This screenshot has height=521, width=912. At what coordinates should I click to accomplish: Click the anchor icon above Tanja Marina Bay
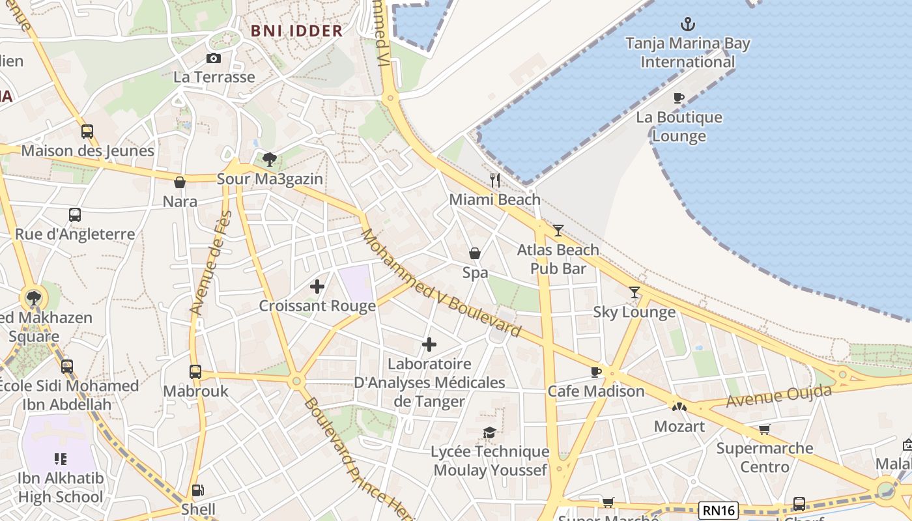pos(688,25)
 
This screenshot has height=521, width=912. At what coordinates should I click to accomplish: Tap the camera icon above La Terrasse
pos(213,59)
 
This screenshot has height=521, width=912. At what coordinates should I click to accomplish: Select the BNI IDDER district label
pos(296,31)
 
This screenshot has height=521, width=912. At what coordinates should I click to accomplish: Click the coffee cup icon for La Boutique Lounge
pos(679,98)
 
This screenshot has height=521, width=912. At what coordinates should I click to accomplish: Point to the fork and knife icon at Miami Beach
pos(495,180)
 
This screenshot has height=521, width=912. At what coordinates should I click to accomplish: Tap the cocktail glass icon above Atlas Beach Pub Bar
pos(558,230)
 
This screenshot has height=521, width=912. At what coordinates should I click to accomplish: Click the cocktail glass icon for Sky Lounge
pos(634,292)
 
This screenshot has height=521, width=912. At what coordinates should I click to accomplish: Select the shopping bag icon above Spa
pos(475,253)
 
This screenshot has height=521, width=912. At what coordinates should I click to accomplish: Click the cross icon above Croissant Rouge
pos(317,287)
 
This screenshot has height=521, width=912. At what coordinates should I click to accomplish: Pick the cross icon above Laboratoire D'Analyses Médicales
pos(429,345)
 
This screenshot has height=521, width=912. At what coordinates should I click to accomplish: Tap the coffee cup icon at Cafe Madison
pos(595,372)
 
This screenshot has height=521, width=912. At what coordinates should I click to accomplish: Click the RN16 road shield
pos(718,511)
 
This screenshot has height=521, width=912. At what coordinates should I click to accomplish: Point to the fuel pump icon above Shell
pos(198,490)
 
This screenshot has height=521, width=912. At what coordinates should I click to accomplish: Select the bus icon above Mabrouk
pos(195,372)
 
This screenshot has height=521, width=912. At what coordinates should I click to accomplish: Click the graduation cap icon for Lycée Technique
pos(489,432)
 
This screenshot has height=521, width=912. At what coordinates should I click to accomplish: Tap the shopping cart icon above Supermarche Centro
pos(764,429)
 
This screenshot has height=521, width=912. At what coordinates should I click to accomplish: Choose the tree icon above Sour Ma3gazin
pos(269,160)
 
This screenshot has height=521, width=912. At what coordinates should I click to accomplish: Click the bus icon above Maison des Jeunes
pos(87,132)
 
